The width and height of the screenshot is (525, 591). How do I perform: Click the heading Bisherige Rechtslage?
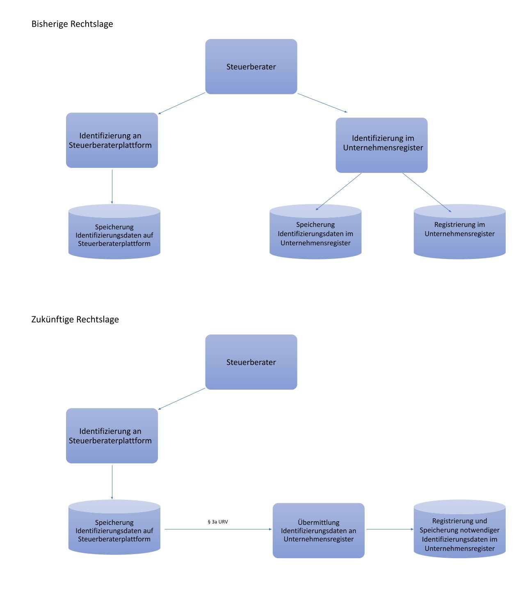(72, 24)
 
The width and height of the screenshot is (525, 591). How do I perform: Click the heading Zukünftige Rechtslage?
(75, 319)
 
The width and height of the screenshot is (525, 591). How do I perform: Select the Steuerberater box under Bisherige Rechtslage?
(251, 66)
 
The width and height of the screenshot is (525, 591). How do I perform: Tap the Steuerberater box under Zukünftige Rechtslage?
(251, 362)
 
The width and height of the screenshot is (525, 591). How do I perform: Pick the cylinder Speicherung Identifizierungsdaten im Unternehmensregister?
(315, 233)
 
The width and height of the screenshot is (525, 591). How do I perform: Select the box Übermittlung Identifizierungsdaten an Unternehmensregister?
(318, 530)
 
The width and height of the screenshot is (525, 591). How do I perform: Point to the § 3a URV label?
(218, 522)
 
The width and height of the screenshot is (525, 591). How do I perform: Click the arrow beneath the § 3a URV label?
(218, 529)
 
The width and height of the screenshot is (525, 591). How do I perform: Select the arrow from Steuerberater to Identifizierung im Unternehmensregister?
(322, 103)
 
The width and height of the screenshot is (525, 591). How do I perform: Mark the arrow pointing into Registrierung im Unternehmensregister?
(427, 192)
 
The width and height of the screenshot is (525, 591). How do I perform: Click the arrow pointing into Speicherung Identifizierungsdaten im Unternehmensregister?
(339, 192)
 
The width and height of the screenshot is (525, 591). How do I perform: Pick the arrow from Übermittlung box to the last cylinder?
(390, 529)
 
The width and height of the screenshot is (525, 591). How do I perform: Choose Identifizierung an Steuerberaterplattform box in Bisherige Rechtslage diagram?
(112, 140)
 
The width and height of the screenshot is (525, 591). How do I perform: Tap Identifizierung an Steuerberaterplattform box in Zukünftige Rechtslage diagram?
(112, 436)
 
